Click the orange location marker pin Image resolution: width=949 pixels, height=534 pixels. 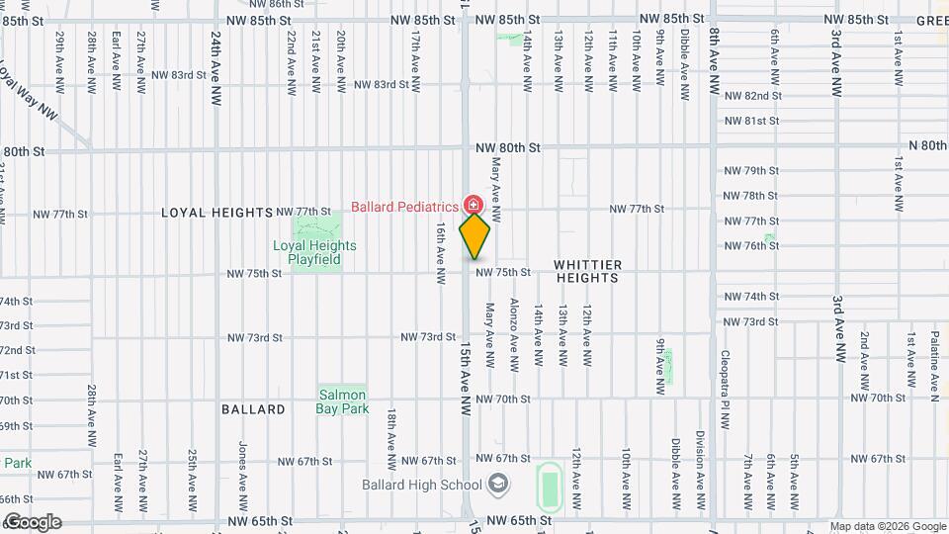coord(475,235)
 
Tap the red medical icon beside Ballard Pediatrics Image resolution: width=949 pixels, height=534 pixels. coord(473,205)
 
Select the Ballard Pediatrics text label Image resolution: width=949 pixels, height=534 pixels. coord(404,207)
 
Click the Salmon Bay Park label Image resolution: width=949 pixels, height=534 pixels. coord(343,401)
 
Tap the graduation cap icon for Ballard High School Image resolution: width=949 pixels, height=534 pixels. coord(499,484)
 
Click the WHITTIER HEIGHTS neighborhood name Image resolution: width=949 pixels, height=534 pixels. coord(587,271)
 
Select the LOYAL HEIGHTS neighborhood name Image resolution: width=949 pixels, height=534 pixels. coord(216,213)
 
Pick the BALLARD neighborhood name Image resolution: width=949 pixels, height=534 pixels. coord(253,409)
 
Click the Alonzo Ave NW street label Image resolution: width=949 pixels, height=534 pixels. coord(514,335)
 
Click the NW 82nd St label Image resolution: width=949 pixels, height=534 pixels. coord(753,96)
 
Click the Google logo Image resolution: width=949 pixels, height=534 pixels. coord(32,522)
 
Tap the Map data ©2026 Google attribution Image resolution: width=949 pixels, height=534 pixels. coord(887,526)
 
